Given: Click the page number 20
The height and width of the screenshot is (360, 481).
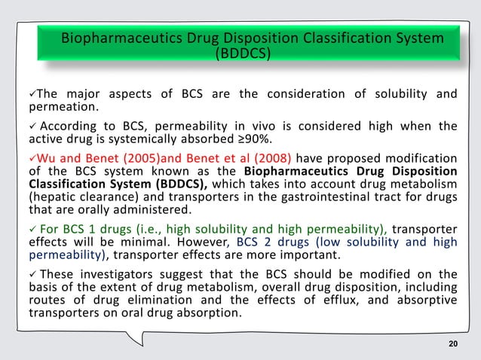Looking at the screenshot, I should (452, 344).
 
